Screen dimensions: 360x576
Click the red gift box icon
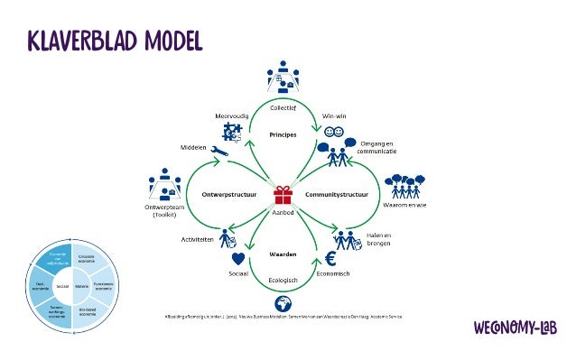[x=284, y=194]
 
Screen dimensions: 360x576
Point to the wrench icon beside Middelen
[x=218, y=152]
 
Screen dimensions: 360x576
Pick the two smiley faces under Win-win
[x=332, y=132]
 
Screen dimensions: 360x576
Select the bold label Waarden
[x=284, y=255]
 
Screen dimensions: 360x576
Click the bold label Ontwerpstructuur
[x=224, y=193]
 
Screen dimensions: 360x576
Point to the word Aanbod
[x=284, y=212]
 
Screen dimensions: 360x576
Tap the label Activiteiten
[x=199, y=242]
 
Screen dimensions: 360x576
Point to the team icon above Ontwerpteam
[x=164, y=185]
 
